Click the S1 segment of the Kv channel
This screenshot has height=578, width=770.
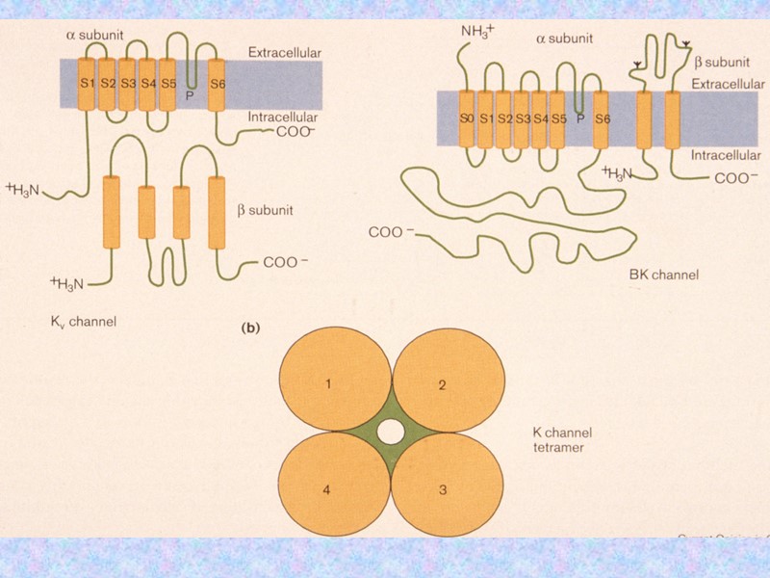pyautogui.click(x=86, y=84)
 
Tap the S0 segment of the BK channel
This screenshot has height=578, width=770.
pyautogui.click(x=467, y=118)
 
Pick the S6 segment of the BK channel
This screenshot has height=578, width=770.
pyautogui.click(x=602, y=118)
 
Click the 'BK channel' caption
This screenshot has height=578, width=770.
pyautogui.click(x=663, y=275)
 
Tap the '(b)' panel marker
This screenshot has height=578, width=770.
pyautogui.click(x=249, y=328)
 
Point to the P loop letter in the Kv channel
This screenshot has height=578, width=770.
pyautogui.click(x=192, y=94)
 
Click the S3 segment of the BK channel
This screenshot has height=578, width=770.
pyautogui.click(x=523, y=118)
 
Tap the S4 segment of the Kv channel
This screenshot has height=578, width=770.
pyautogui.click(x=147, y=84)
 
